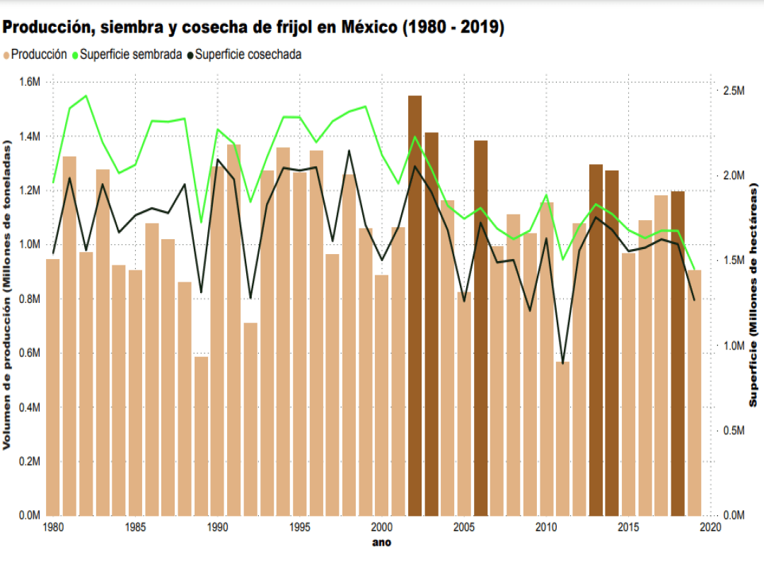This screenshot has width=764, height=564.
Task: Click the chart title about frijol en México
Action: [x=253, y=28]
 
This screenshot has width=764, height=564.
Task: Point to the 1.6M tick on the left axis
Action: [x=28, y=82]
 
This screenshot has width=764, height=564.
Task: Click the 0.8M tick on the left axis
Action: [x=28, y=299]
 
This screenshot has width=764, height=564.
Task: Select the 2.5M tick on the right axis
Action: [x=733, y=91]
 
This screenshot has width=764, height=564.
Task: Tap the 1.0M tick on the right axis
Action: [x=733, y=346]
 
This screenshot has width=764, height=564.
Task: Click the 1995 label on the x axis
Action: [x=299, y=527]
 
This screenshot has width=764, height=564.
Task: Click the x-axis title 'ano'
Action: [x=381, y=543]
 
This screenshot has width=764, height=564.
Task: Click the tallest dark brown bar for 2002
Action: [x=415, y=304]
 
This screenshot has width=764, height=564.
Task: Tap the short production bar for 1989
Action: [x=201, y=435]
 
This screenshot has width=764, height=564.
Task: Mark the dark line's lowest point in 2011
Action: [x=562, y=364]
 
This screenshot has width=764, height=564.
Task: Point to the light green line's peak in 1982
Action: [x=86, y=96]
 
